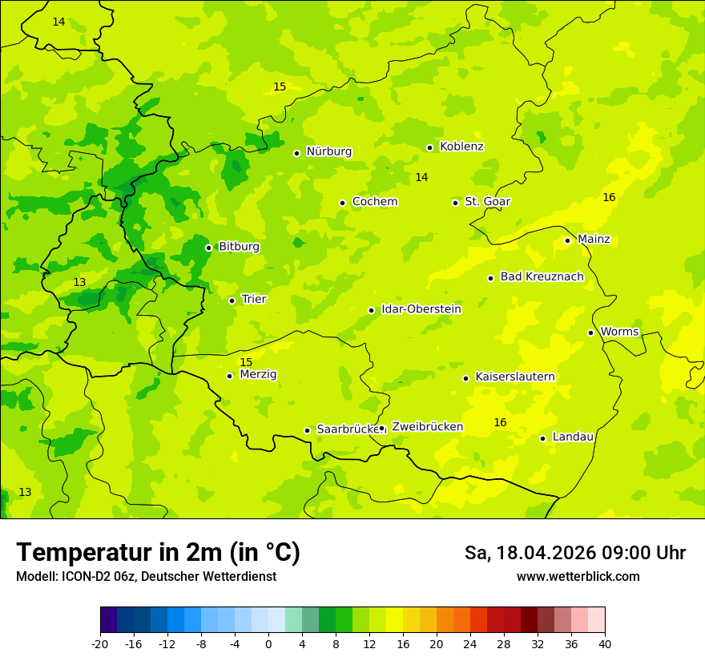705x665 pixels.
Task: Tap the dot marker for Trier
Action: [232, 300]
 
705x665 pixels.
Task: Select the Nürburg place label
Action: [328, 151]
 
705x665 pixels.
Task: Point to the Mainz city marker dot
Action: [567, 240]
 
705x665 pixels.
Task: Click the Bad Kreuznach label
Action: [542, 277]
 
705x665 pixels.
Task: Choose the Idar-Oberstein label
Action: [421, 309]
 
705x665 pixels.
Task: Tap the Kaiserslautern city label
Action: [514, 377]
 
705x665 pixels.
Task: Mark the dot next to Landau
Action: [542, 438]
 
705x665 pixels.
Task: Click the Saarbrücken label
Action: [348, 429]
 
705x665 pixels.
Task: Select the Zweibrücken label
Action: [427, 427]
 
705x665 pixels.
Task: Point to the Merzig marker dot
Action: [229, 376]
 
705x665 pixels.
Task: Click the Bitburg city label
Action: [239, 247]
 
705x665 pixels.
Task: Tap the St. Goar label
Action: [487, 202]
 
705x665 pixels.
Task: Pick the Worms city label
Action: [619, 332]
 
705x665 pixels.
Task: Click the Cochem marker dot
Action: [342, 203]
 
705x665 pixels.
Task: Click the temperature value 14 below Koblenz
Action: [421, 177]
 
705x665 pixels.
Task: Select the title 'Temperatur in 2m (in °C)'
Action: [158, 553]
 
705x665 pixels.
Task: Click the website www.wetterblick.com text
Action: [578, 577]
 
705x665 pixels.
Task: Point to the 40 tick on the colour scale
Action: [605, 643]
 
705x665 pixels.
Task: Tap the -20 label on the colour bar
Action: [100, 643]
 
